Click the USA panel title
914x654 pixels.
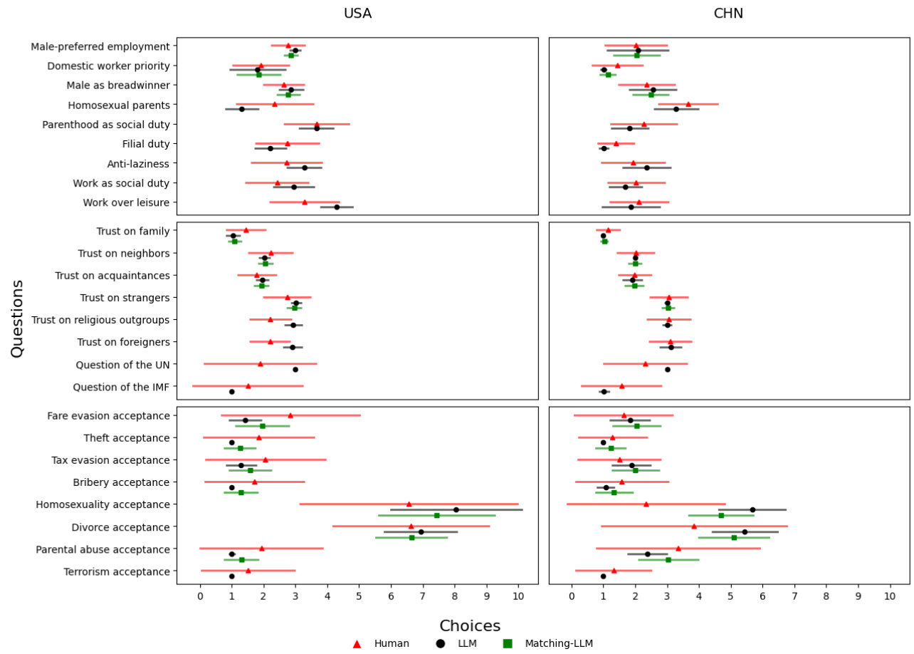pyautogui.click(x=357, y=14)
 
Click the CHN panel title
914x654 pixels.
pyautogui.click(x=728, y=14)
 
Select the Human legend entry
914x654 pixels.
pyautogui.click(x=382, y=643)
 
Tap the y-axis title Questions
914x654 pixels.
pyautogui.click(x=17, y=318)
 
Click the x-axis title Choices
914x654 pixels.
pyautogui.click(x=470, y=626)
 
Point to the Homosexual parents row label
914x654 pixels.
pyautogui.click(x=119, y=105)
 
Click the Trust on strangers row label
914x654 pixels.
pyautogui.click(x=125, y=298)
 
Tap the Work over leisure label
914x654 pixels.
pyautogui.click(x=126, y=202)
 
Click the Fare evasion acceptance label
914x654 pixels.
pyautogui.click(x=108, y=415)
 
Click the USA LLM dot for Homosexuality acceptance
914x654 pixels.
pyautogui.click(x=456, y=509)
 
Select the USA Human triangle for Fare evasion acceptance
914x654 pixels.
pyautogui.click(x=290, y=415)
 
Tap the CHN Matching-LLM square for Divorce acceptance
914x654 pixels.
pyautogui.click(x=734, y=537)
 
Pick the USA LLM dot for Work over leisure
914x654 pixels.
pyautogui.click(x=337, y=207)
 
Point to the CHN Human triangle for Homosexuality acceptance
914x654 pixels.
pyautogui.click(x=646, y=504)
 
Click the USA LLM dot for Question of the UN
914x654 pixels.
pyautogui.click(x=295, y=369)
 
